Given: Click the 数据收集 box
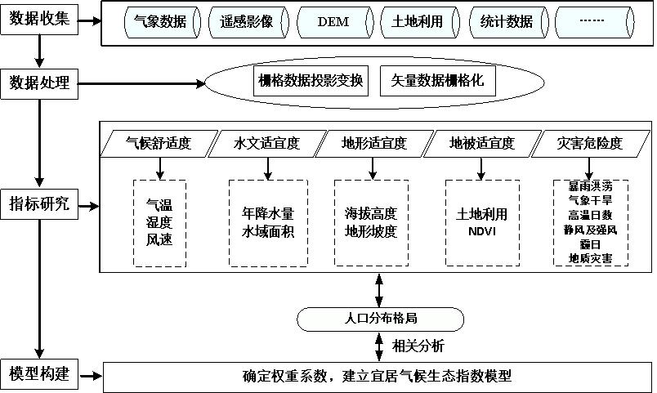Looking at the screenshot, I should [x=39, y=19].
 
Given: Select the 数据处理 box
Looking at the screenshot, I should [x=39, y=83].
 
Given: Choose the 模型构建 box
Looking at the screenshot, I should [x=39, y=375].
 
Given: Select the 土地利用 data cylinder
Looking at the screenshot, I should [x=418, y=22].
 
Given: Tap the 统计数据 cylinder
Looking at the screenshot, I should [x=505, y=22].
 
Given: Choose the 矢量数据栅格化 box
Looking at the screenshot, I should [x=438, y=82].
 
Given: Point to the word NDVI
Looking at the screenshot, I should [x=481, y=230].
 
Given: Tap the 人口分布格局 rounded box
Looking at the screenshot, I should [x=378, y=317].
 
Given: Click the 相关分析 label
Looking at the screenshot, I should [x=418, y=346].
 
